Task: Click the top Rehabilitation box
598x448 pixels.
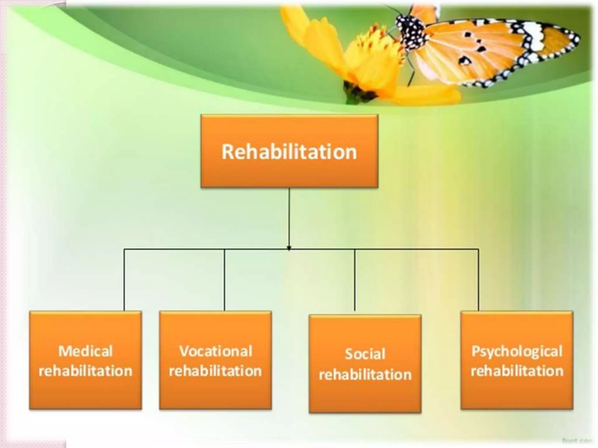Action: tap(289, 151)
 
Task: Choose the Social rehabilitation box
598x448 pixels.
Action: tap(365, 363)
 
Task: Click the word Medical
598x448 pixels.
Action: tap(85, 351)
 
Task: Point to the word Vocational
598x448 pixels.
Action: tap(215, 351)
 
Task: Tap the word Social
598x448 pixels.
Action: tap(365, 354)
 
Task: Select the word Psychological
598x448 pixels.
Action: tap(517, 351)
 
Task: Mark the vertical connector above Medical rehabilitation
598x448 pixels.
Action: tap(124, 280)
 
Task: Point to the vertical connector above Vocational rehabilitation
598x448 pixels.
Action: tap(224, 280)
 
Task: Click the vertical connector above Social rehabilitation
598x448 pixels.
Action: tap(355, 280)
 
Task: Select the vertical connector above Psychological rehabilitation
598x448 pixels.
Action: tap(478, 280)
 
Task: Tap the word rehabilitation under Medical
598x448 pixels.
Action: tap(85, 371)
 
